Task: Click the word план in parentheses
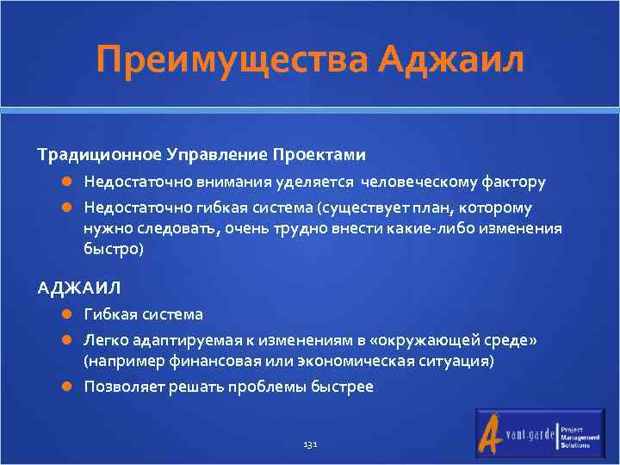click(435, 208)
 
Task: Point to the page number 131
click(311, 444)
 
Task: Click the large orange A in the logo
click(493, 432)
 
